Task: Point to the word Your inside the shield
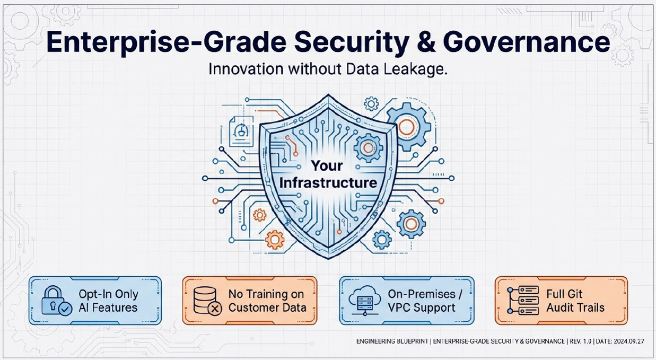click(327, 166)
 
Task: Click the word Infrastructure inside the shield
click(328, 183)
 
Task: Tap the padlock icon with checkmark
click(56, 301)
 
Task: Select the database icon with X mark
click(207, 301)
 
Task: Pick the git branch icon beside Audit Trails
click(523, 301)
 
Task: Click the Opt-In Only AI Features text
click(108, 301)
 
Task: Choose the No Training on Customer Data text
click(267, 301)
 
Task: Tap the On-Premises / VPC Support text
click(422, 301)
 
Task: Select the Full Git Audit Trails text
click(575, 301)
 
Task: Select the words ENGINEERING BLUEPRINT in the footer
click(392, 341)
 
